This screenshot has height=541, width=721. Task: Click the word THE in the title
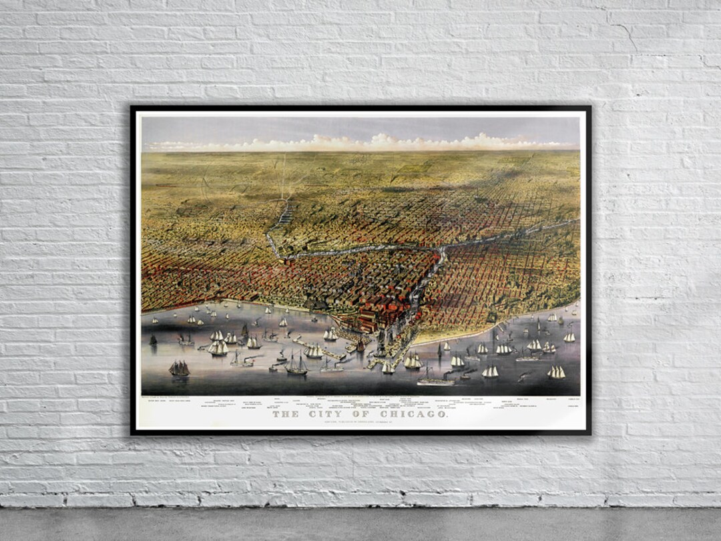[x=286, y=414]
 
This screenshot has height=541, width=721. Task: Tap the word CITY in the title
[x=325, y=414]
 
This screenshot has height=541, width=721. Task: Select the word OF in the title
[x=361, y=414]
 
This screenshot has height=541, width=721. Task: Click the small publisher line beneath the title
[x=360, y=421]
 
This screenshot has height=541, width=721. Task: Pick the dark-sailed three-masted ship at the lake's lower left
[x=179, y=368]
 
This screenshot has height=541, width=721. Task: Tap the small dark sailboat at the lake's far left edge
[x=153, y=340]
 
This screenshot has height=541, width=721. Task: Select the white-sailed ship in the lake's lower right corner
[x=556, y=373]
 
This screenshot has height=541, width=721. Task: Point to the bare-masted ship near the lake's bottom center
[x=296, y=365]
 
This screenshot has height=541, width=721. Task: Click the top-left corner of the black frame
[x=132, y=107]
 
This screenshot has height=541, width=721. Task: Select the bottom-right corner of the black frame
[x=589, y=433]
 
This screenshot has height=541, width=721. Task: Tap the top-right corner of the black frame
[x=589, y=107]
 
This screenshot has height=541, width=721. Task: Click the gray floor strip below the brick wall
[x=360, y=524]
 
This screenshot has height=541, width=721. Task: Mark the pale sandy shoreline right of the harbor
[x=467, y=334]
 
